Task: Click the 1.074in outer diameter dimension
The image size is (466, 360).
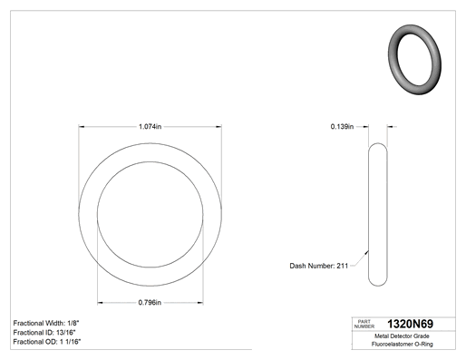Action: (x=150, y=126)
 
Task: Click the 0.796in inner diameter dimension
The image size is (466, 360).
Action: (x=150, y=302)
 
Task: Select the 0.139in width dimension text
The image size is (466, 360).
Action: (x=342, y=126)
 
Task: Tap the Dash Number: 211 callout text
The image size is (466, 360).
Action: (x=319, y=266)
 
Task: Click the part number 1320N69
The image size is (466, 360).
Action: (x=410, y=324)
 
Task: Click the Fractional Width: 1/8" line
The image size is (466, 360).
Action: (x=46, y=323)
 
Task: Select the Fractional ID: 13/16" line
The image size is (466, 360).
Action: (x=44, y=333)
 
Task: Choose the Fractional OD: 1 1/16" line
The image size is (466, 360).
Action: (x=47, y=342)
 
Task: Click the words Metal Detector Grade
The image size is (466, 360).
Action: (x=402, y=336)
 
